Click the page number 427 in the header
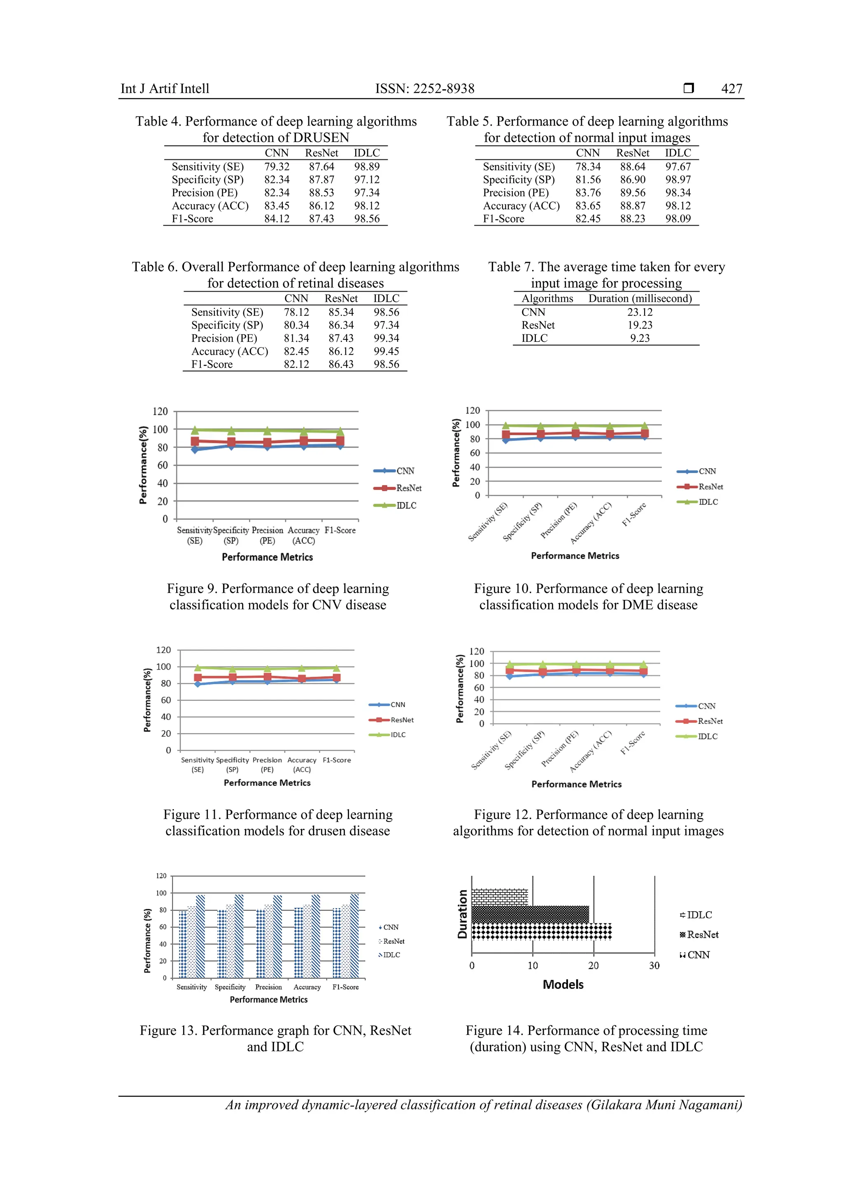[731, 89]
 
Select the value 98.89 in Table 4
[367, 167]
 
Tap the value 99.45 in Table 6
[386, 351]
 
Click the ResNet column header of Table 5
[632, 153]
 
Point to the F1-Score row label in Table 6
[212, 364]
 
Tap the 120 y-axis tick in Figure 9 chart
[160, 411]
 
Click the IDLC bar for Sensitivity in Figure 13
[200, 936]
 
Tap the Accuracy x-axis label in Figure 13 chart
[307, 987]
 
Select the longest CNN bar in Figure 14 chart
[541, 932]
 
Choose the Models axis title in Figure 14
[563, 985]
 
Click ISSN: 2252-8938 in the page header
[424, 89]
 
